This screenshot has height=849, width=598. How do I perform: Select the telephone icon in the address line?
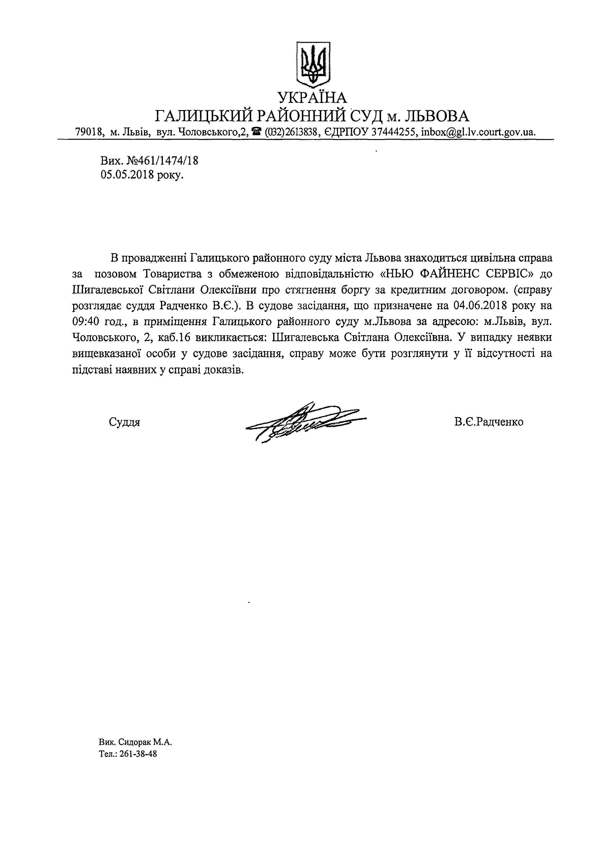(257, 131)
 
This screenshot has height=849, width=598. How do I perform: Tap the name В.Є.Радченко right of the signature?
(489, 422)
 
